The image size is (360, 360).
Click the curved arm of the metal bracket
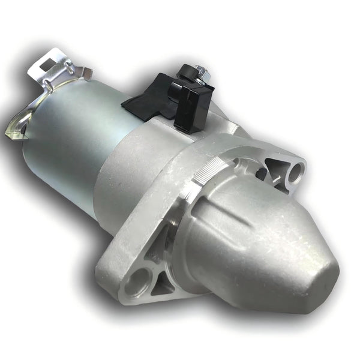tap(27, 108)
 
